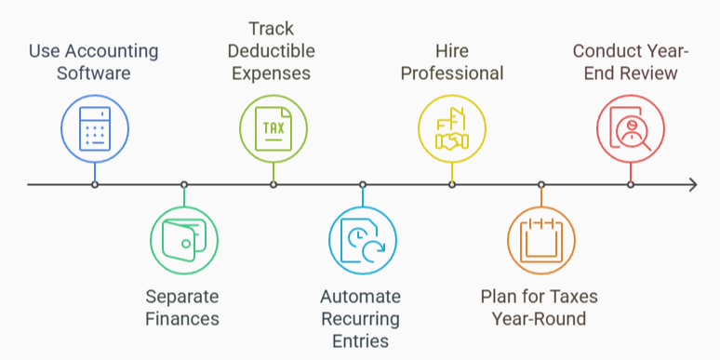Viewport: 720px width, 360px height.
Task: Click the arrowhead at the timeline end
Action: [691, 184]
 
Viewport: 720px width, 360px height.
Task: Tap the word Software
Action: [94, 73]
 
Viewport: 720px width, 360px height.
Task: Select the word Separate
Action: [182, 298]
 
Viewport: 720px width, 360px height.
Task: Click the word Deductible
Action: [273, 50]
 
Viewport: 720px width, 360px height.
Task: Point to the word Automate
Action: [361, 298]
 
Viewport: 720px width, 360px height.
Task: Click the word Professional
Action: [452, 73]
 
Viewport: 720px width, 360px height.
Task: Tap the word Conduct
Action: [606, 50]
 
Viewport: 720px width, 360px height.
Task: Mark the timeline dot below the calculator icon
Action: [95, 184]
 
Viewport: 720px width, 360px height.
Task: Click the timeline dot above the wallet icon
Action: [184, 184]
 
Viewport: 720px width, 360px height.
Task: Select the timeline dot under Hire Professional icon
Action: [452, 184]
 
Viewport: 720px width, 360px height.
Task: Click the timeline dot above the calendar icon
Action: [540, 184]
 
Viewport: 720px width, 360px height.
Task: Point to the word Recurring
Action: [361, 319]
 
